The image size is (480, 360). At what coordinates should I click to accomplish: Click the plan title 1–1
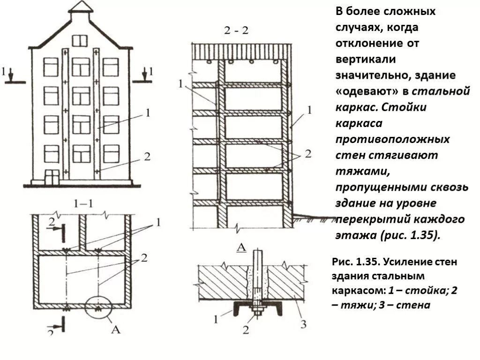point(83,204)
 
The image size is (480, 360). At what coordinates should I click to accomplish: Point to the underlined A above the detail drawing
point(242,248)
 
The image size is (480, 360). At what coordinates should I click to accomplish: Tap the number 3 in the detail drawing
point(303,323)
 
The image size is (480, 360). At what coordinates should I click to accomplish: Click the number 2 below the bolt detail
point(246,330)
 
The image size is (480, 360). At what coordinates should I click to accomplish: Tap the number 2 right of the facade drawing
point(147,157)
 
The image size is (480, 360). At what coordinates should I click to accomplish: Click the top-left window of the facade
point(51,67)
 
